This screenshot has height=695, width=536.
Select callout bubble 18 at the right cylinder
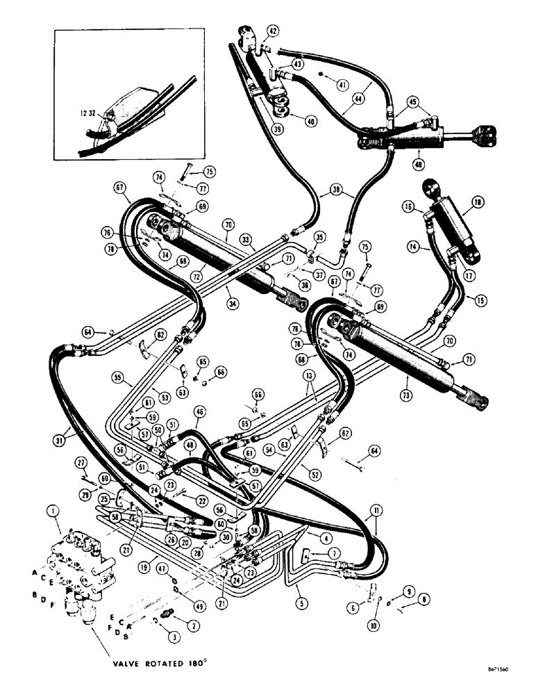click(478, 203)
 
